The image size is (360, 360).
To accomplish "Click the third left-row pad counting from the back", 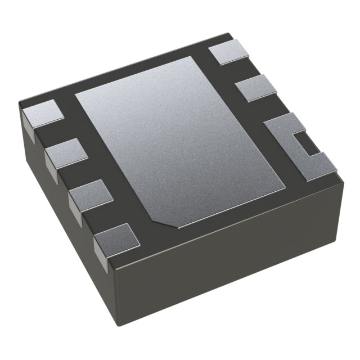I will [x=90, y=194].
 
